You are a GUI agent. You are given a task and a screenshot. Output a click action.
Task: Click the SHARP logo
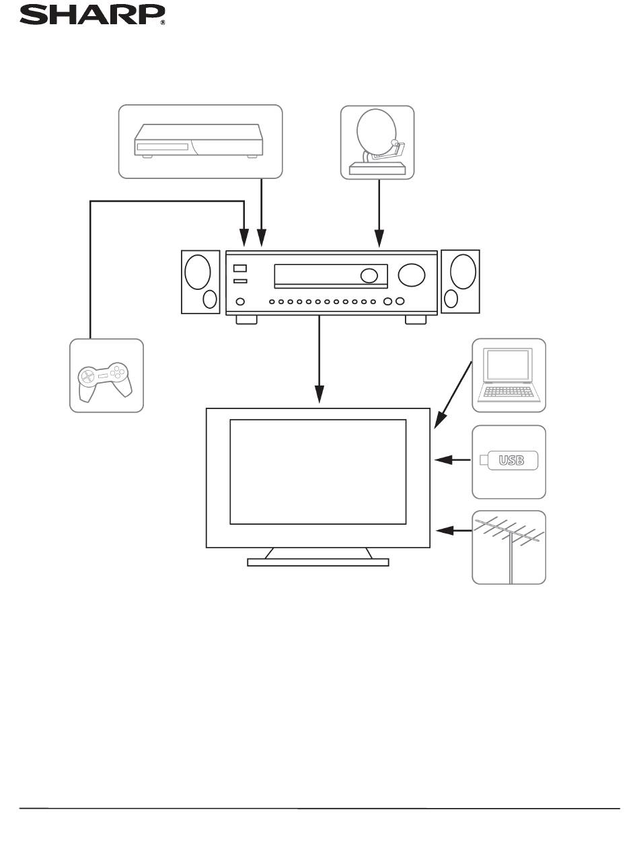tap(92, 15)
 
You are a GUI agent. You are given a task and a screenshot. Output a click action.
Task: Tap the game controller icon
tap(105, 381)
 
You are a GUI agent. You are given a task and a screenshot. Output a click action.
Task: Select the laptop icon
tap(509, 375)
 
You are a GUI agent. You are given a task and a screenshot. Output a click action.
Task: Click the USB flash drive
tap(509, 460)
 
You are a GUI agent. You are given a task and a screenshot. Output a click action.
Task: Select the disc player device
tap(198, 141)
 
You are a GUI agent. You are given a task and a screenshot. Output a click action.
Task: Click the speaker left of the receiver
tap(200, 282)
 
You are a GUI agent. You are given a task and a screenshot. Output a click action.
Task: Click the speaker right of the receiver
tap(460, 281)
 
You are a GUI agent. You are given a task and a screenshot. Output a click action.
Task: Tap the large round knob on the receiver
tap(411, 275)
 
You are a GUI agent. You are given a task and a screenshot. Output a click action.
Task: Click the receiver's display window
tap(331, 276)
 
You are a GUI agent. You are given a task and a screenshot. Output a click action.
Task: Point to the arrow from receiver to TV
tap(319, 359)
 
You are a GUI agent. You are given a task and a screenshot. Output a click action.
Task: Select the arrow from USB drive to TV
tap(453, 460)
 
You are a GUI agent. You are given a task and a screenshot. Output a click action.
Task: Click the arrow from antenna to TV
tap(454, 531)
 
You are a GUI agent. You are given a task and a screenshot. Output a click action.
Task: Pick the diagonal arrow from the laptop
tap(453, 395)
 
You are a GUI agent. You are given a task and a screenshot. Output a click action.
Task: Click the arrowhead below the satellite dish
tap(379, 238)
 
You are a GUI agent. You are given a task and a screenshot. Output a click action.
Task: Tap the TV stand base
tap(317, 562)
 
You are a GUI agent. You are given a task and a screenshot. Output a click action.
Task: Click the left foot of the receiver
tap(246, 320)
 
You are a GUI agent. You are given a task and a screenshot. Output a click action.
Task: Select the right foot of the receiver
tap(416, 320)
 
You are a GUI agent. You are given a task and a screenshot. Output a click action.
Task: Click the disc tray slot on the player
tap(162, 147)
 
